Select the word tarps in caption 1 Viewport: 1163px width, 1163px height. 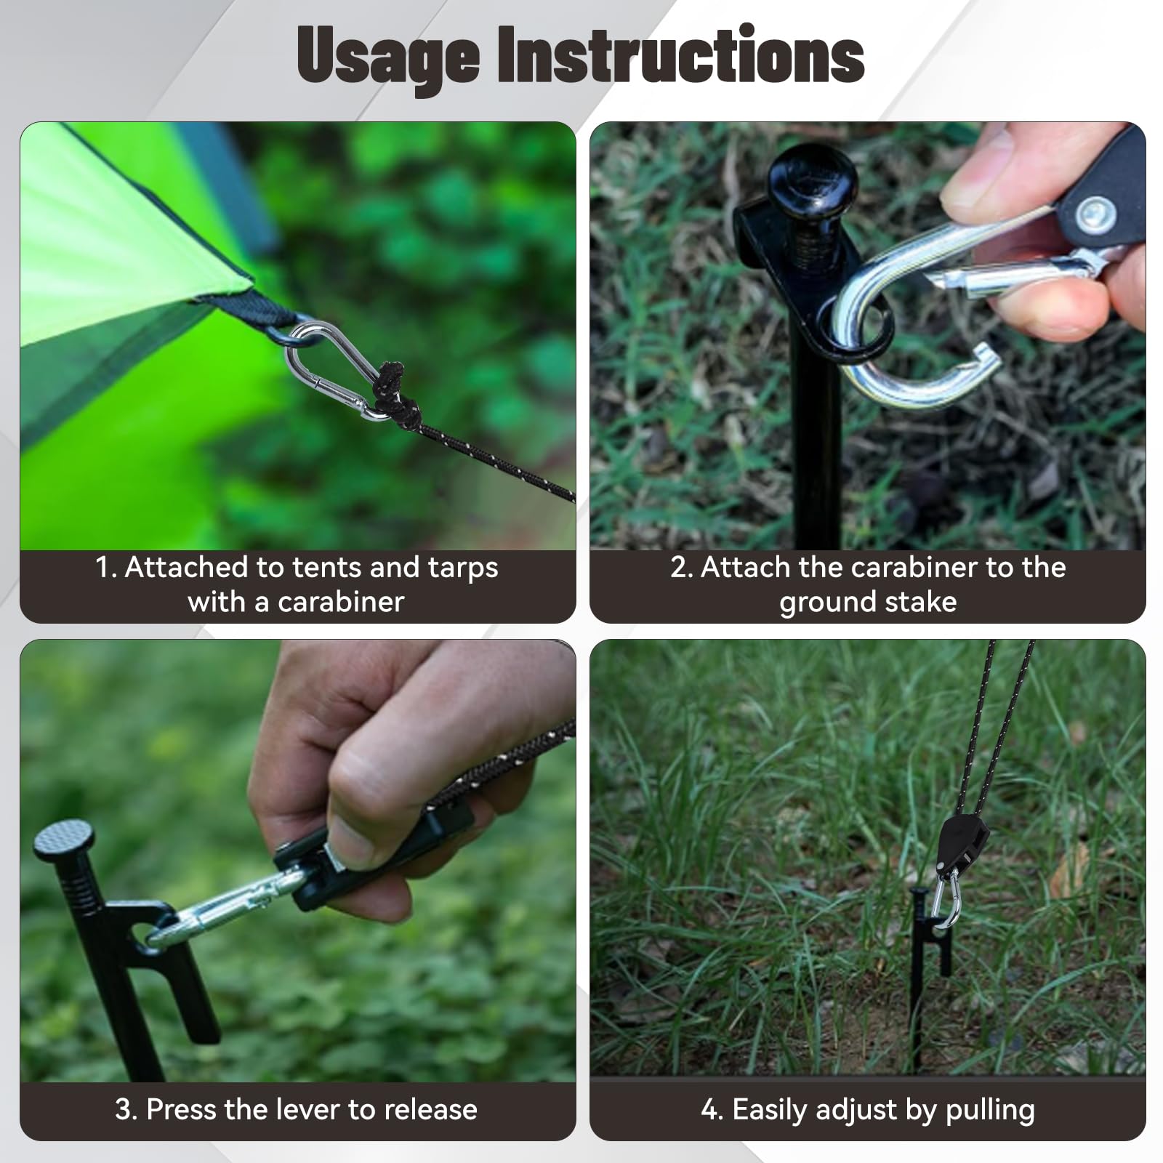point(463,568)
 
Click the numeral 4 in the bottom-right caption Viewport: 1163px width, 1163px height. point(709,1110)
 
